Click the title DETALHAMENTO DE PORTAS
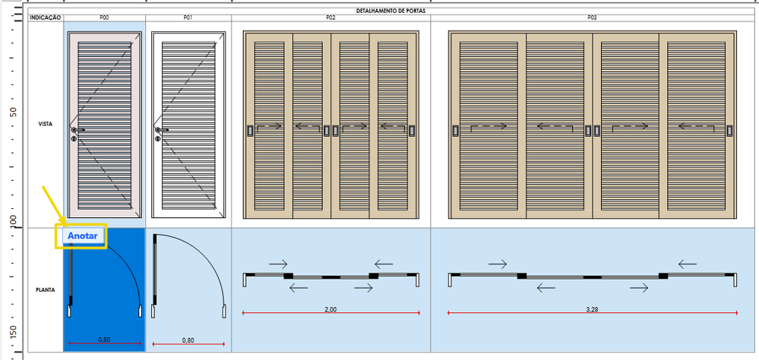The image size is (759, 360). (x=391, y=11)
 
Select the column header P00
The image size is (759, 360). (x=104, y=17)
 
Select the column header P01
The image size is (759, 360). (x=188, y=17)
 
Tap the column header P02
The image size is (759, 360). (x=331, y=17)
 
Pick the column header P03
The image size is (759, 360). (x=592, y=17)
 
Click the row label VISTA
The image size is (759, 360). (x=46, y=125)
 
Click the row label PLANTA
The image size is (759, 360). (x=46, y=290)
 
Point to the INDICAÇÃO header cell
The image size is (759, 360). (x=46, y=17)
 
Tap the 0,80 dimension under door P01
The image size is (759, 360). (x=188, y=340)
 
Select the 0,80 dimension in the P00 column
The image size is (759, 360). (x=104, y=340)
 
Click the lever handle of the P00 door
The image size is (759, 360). (x=78, y=130)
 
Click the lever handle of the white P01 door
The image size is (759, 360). (x=161, y=130)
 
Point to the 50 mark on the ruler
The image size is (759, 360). (x=14, y=112)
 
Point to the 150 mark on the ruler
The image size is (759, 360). (x=14, y=331)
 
